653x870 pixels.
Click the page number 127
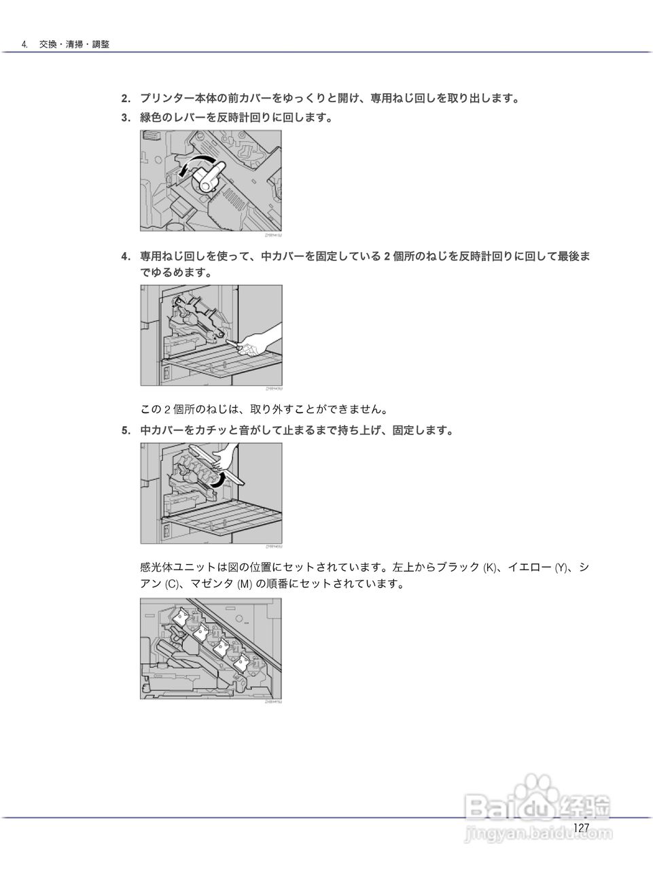[x=581, y=827]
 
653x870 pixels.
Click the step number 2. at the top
[x=125, y=99]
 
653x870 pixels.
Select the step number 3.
[x=125, y=118]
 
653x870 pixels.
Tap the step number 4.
[x=125, y=256]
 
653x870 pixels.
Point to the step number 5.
[x=125, y=430]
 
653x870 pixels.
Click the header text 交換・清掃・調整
[x=74, y=44]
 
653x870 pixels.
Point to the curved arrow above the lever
[x=194, y=163]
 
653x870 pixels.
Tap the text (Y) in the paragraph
[x=561, y=568]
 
